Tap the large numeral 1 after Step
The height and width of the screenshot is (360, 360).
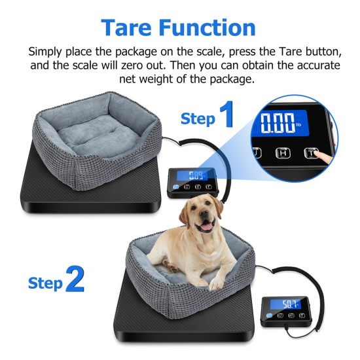tap(226, 115)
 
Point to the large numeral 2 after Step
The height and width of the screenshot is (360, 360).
tap(75, 280)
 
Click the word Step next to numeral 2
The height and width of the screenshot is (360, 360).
tap(45, 283)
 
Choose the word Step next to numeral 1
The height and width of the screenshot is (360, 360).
tap(198, 118)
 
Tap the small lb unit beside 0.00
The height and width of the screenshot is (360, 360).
tap(299, 117)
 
